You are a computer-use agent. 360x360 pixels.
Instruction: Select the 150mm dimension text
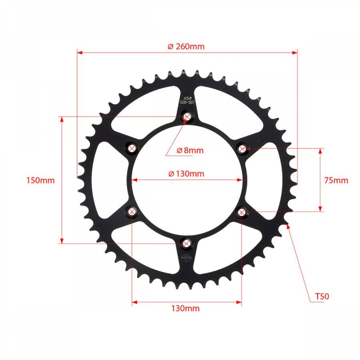[x=40, y=180]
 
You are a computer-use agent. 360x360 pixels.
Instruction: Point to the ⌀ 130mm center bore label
[x=186, y=174]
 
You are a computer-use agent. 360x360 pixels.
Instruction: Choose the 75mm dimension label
[x=336, y=181]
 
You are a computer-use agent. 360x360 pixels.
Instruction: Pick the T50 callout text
[x=322, y=297]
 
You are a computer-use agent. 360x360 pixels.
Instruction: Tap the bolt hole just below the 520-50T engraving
[x=187, y=116]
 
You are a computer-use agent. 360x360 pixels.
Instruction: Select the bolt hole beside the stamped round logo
[x=187, y=244]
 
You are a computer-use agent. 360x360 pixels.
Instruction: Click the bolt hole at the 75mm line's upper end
[x=242, y=148]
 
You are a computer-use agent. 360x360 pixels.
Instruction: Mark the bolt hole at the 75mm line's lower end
[x=242, y=212]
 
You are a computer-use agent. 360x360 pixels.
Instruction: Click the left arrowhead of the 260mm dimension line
[x=79, y=53]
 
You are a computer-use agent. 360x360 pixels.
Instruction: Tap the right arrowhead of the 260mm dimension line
[x=295, y=53]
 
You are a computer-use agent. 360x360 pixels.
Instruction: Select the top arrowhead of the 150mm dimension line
[x=61, y=118]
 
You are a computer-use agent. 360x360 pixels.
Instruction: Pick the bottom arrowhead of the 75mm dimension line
[x=320, y=210]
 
